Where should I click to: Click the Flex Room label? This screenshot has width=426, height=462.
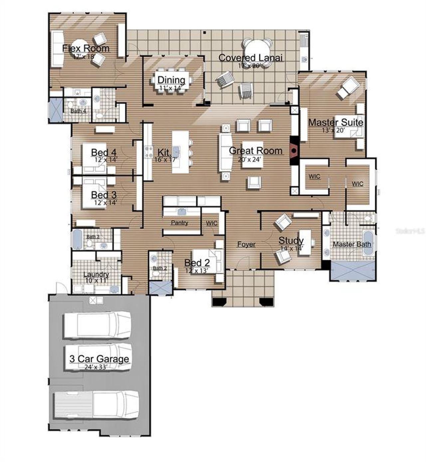[86, 48]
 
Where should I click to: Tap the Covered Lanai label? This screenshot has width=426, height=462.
[250, 58]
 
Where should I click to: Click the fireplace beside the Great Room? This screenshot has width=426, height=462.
[294, 150]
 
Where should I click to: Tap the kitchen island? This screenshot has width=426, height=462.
[180, 152]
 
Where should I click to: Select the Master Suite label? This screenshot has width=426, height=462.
[335, 122]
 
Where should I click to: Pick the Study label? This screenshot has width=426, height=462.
[291, 240]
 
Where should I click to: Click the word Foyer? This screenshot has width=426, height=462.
[246, 244]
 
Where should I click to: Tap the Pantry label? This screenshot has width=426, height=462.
[179, 223]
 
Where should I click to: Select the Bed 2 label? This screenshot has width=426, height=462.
[197, 263]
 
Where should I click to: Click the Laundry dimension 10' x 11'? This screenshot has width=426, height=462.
[96, 280]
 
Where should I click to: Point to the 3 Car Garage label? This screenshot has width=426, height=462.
[99, 359]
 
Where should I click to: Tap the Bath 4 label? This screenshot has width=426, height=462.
[78, 111]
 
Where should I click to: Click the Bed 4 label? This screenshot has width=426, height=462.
[104, 153]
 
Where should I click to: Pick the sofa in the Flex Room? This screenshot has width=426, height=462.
[58, 49]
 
